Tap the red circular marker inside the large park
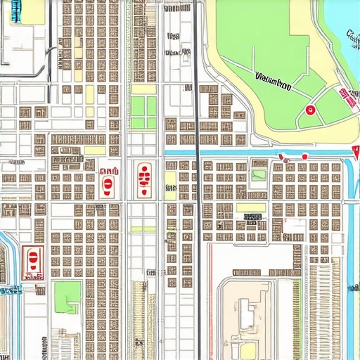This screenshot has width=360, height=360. (x=309, y=109)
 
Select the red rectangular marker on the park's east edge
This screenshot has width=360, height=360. (x=347, y=98)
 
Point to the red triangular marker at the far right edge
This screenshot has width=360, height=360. (x=355, y=150)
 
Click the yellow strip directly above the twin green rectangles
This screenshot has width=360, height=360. (x=143, y=89)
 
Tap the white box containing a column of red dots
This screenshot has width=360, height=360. (x=143, y=179)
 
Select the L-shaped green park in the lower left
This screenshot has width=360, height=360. (x=68, y=295)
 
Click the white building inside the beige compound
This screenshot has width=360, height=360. (x=246, y=313)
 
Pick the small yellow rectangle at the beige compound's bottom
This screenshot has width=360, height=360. (x=249, y=349)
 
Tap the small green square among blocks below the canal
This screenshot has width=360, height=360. (x=259, y=175)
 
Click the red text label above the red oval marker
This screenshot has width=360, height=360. (x=109, y=171)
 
